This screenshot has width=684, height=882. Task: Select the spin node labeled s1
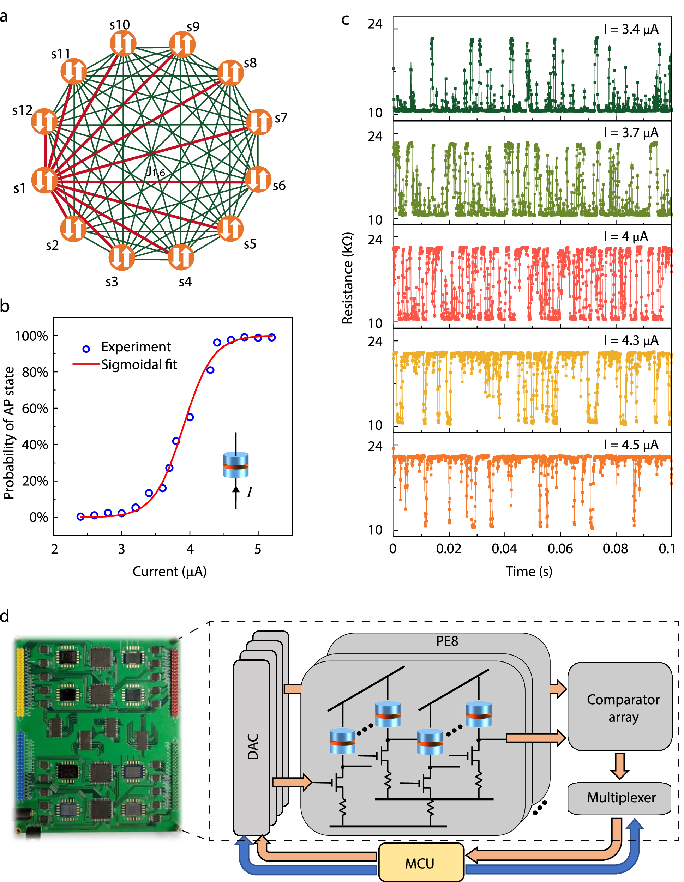click(x=44, y=180)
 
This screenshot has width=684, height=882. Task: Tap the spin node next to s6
click(x=258, y=179)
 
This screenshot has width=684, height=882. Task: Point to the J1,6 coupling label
click(x=156, y=172)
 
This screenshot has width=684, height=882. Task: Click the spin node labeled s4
click(x=181, y=257)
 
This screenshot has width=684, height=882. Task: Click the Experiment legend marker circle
click(x=86, y=349)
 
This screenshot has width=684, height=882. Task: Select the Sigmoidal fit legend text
click(x=139, y=365)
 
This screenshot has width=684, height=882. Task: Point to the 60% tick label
click(x=35, y=408)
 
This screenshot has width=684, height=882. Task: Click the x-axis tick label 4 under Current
click(x=190, y=549)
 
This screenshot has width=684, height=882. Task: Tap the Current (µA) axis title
click(x=169, y=572)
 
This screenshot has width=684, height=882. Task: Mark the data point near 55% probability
click(x=190, y=417)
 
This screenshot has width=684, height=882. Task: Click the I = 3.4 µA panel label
click(x=631, y=29)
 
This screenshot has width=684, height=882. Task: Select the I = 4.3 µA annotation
click(x=631, y=340)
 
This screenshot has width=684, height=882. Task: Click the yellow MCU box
click(x=421, y=862)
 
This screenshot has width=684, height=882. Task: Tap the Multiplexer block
click(x=620, y=798)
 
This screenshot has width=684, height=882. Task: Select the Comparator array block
click(x=623, y=708)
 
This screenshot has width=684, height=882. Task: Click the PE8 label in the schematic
click(x=447, y=641)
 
